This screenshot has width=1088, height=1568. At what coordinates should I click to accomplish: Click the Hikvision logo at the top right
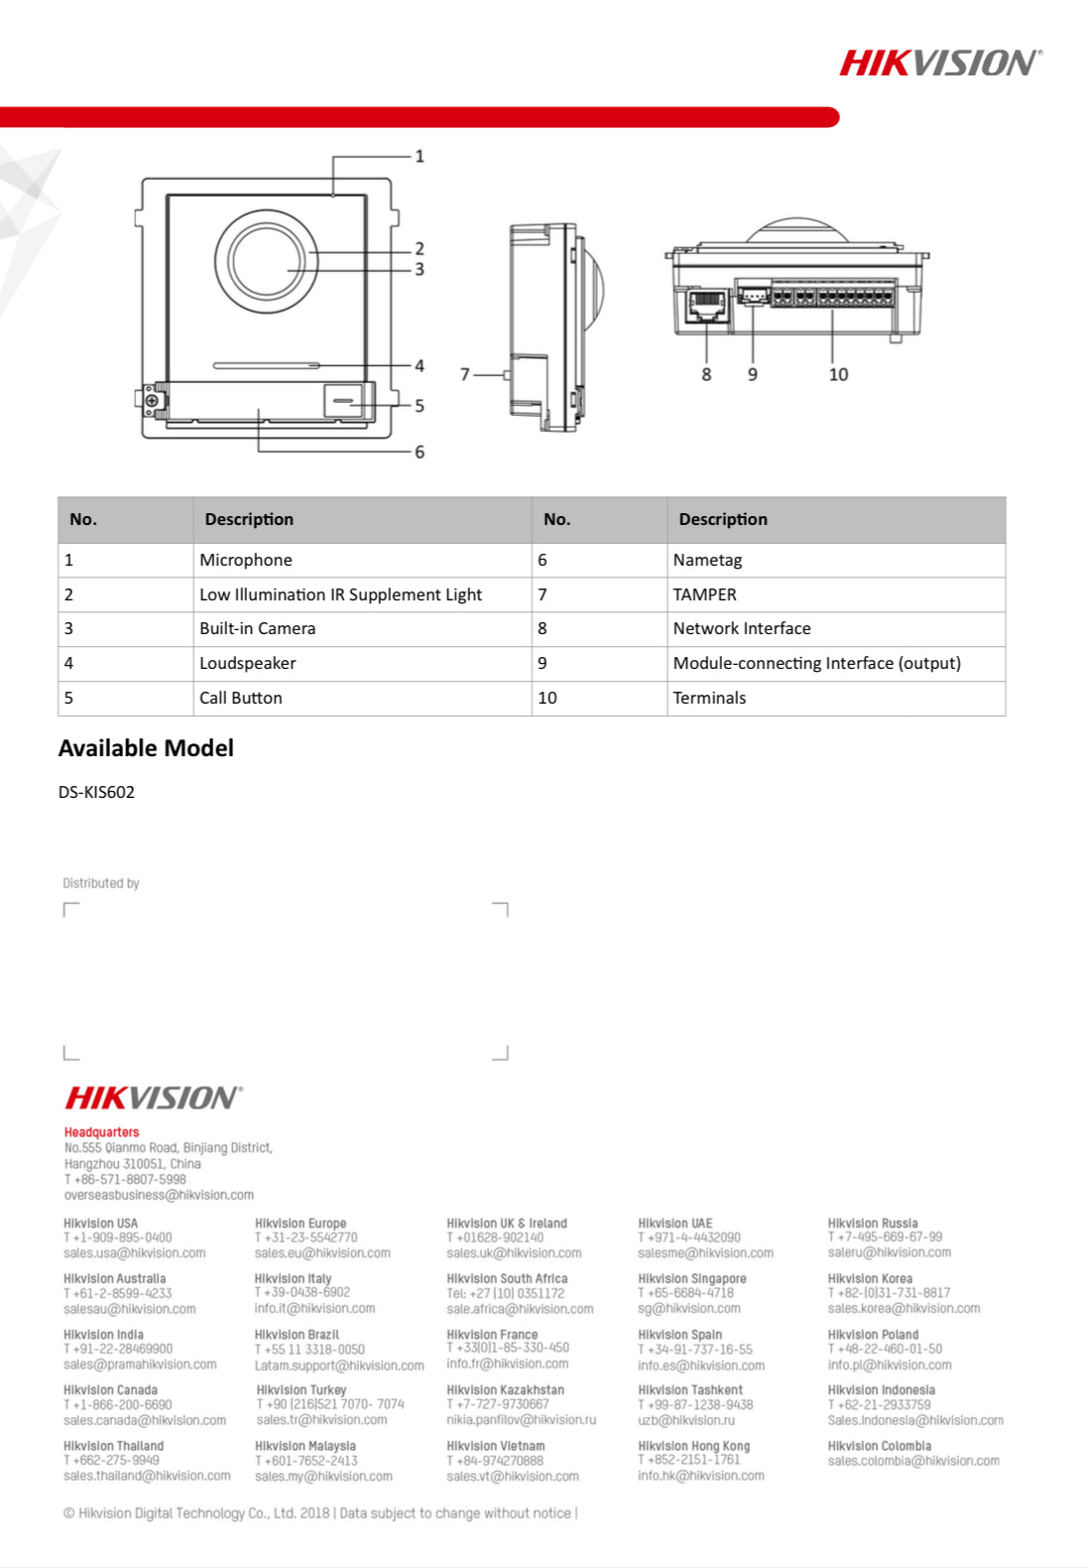tap(940, 64)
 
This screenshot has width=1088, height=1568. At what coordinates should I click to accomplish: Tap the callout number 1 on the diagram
tap(420, 156)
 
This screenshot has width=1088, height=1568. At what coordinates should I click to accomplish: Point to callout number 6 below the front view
tap(420, 452)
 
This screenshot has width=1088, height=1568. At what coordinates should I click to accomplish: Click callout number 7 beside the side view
tap(464, 374)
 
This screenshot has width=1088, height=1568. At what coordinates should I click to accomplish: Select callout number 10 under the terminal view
tap(838, 374)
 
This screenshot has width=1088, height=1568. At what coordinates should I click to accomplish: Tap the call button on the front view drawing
tap(343, 400)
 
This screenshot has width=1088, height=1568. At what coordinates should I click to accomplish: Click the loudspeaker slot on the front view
tap(266, 365)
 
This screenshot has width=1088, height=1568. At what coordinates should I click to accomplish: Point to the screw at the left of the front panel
tap(152, 399)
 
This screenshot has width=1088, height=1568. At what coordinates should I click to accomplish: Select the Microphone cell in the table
tap(246, 560)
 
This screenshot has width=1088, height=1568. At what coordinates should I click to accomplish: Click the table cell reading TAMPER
tap(704, 594)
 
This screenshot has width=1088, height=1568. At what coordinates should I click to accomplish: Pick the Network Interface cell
tap(742, 628)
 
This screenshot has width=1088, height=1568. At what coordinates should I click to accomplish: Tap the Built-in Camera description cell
tap(258, 628)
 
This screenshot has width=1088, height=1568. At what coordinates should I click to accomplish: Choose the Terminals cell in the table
tap(709, 698)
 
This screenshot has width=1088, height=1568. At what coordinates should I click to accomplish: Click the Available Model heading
tap(146, 748)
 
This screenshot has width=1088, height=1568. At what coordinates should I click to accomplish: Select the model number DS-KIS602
tap(96, 792)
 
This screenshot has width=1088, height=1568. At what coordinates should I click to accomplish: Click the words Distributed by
tap(101, 883)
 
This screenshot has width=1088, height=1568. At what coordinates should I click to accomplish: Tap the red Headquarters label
tap(101, 1132)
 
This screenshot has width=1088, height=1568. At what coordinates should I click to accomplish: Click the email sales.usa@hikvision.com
tap(135, 1253)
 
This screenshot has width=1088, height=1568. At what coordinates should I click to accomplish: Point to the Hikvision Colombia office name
tap(880, 1446)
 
